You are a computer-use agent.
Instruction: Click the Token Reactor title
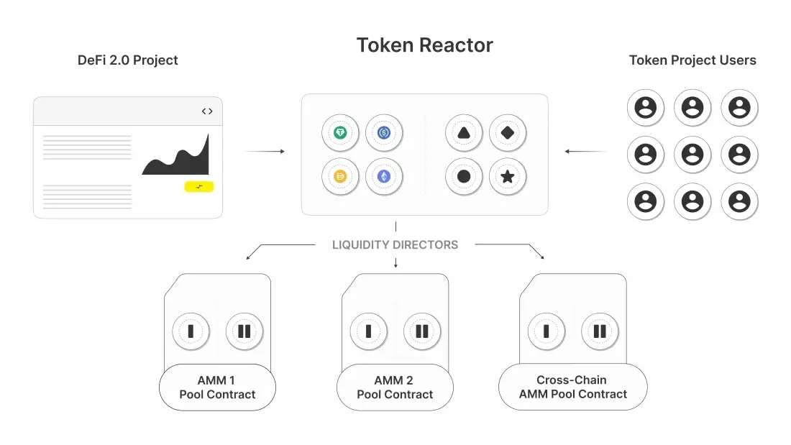click(424, 45)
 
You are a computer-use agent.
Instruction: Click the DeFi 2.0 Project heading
click(127, 60)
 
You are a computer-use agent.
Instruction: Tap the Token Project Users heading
click(692, 60)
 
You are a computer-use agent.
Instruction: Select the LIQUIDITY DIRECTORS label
click(395, 245)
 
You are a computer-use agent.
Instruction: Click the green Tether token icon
click(340, 133)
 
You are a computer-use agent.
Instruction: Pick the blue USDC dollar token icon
click(384, 133)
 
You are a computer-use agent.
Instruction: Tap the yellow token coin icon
click(340, 176)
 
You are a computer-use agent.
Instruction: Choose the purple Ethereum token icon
click(384, 176)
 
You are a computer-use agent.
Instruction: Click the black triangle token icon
click(464, 133)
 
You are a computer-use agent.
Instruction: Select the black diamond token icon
click(508, 133)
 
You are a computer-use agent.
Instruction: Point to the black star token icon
click(508, 176)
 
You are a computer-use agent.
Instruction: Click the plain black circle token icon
click(464, 176)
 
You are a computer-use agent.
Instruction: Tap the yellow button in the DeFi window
click(199, 187)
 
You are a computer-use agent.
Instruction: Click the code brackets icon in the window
click(207, 111)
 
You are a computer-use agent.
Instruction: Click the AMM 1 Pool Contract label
click(217, 387)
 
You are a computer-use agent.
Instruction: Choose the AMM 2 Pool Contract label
click(395, 387)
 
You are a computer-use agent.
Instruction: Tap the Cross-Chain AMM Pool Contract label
click(572, 387)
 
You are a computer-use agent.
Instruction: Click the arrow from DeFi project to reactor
click(264, 152)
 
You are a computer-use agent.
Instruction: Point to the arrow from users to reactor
click(585, 152)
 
